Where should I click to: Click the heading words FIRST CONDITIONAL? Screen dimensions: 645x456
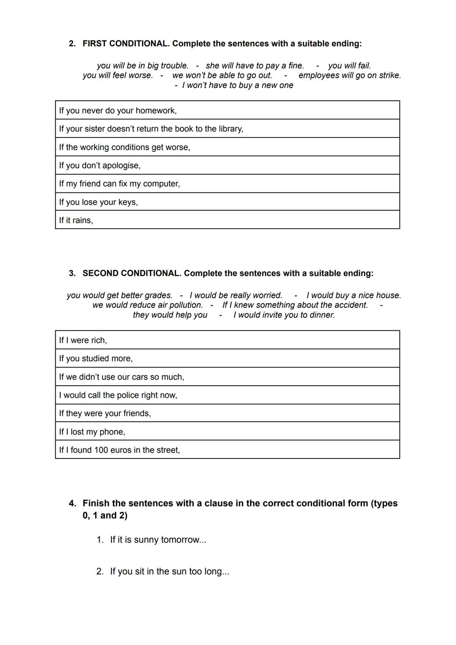(x=126, y=44)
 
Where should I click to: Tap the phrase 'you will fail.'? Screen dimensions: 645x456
(x=349, y=66)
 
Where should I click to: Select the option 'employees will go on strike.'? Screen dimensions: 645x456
(x=350, y=75)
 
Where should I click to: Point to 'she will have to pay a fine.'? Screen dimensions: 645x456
(x=255, y=66)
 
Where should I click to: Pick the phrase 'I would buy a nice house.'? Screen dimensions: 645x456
(x=353, y=295)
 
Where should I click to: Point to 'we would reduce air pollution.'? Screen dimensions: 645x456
(x=147, y=305)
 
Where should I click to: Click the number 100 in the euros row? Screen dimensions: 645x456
(x=101, y=450)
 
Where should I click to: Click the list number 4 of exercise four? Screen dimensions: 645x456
(x=72, y=503)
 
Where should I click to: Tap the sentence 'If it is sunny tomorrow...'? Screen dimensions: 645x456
(x=158, y=540)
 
